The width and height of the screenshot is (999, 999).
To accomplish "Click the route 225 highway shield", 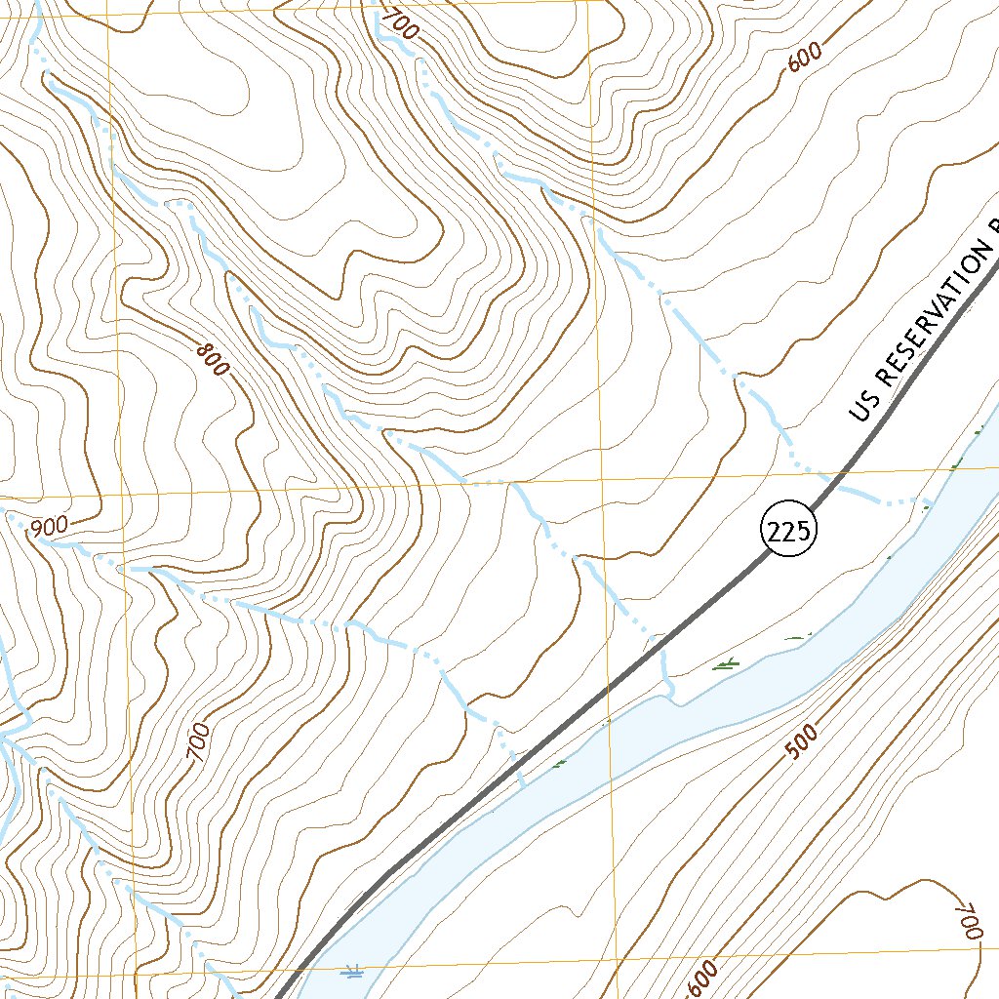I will (x=787, y=532).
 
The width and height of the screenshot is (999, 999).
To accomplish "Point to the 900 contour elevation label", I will (x=49, y=527).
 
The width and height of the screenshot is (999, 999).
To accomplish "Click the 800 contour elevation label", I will (x=211, y=360).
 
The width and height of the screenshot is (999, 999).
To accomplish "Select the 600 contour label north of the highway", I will (x=804, y=59).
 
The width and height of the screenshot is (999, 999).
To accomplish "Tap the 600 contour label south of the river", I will (x=703, y=979).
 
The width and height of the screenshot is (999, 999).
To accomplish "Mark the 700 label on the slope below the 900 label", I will (x=199, y=743).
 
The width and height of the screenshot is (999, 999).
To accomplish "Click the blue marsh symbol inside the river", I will (x=354, y=971).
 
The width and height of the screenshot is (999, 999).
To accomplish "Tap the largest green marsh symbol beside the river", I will (x=726, y=665).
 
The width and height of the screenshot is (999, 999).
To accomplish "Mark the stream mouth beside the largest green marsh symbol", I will (x=671, y=695).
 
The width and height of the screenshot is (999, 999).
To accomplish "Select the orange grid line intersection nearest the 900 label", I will (x=121, y=495).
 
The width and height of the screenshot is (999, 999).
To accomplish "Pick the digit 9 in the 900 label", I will (x=37, y=530).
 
